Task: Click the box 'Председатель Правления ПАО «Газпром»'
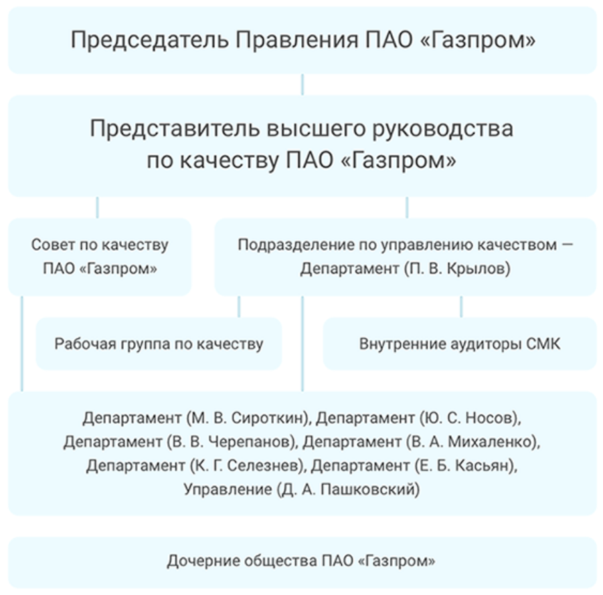(303, 40)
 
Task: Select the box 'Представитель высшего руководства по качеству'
(303, 146)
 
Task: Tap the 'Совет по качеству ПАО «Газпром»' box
(100, 257)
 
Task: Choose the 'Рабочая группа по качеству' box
(159, 344)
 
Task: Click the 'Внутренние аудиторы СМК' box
(460, 344)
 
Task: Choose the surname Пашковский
(367, 489)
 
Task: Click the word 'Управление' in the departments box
(228, 489)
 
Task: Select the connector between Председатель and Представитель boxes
(303, 84)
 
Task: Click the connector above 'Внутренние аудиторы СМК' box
(461, 307)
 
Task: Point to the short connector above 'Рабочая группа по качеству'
(239, 307)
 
